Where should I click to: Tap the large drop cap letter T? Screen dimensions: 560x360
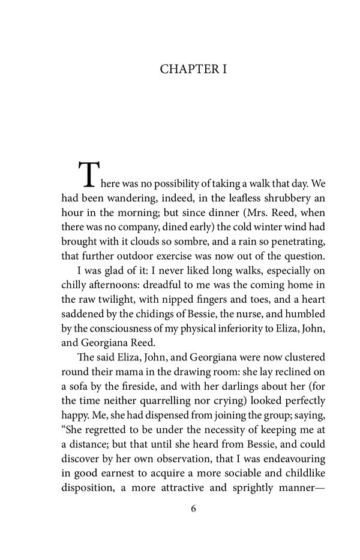coord(87,174)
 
